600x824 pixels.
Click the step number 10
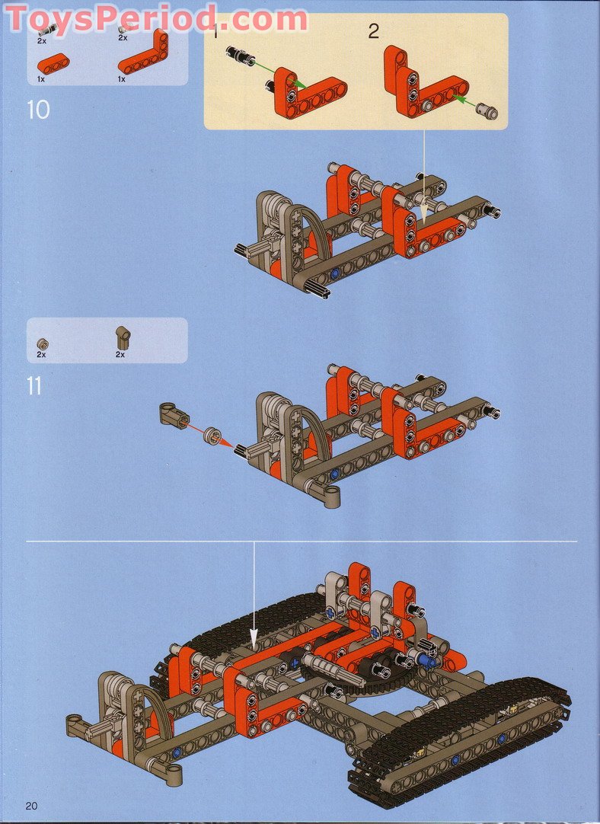click(x=38, y=110)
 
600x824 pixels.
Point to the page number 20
click(x=31, y=806)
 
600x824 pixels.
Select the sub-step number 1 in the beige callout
click(x=215, y=32)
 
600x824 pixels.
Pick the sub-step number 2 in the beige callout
click(x=373, y=32)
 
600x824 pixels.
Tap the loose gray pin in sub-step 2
click(x=487, y=112)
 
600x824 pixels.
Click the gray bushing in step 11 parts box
click(x=42, y=343)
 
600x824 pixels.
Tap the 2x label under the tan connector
click(x=120, y=355)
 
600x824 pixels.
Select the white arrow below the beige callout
click(x=424, y=175)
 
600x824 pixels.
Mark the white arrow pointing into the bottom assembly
click(x=254, y=594)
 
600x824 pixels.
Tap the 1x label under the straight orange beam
click(x=40, y=78)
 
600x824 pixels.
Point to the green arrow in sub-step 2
click(x=462, y=102)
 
